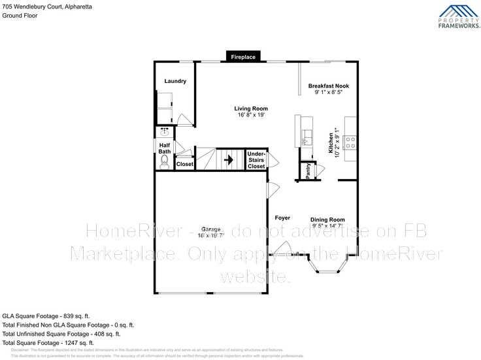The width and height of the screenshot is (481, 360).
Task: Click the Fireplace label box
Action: [243, 57]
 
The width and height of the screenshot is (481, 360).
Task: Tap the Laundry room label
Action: [175, 82]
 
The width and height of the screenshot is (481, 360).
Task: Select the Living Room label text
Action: [252, 108]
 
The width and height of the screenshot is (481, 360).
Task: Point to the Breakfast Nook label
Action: [329, 86]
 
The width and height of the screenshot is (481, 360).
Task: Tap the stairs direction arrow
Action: [229, 158]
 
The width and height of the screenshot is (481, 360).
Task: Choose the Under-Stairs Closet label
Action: [256, 159]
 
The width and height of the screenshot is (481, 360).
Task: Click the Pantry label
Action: [308, 170]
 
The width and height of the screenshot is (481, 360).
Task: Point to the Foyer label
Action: [282, 218]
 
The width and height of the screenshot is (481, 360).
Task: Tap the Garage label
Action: [210, 229]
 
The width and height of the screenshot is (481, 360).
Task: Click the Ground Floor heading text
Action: [20, 15]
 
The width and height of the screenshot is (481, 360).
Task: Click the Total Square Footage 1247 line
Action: [48, 343]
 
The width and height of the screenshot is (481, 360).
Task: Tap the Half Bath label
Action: [164, 148]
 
